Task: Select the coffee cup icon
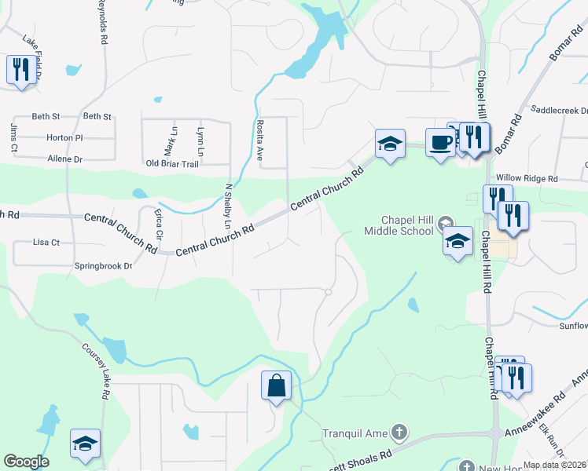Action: pyautogui.click(x=440, y=143)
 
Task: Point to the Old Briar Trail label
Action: pyautogui.click(x=173, y=163)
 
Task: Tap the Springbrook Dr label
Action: pyautogui.click(x=103, y=266)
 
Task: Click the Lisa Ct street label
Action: pyautogui.click(x=46, y=243)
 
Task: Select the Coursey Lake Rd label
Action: pyautogui.click(x=93, y=371)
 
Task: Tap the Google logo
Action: pyautogui.click(x=26, y=462)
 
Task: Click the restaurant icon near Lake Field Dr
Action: pyautogui.click(x=19, y=70)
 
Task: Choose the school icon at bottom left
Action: pyautogui.click(x=85, y=444)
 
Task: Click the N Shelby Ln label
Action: pyautogui.click(x=229, y=206)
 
